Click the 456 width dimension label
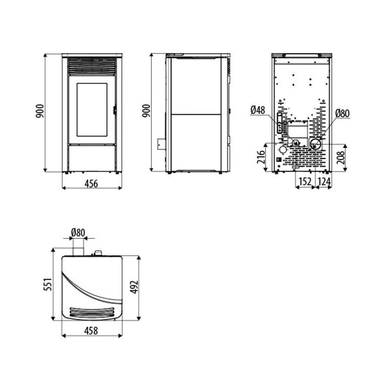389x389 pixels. point(91,184)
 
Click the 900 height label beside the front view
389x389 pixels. point(40,111)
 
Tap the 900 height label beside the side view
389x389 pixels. point(147,111)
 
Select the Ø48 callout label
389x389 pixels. point(258,110)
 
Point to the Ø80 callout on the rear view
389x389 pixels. point(342,113)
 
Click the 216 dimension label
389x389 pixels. point(261,157)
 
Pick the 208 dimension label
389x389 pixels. point(341,158)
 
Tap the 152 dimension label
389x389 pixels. point(305,181)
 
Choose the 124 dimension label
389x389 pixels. point(324,181)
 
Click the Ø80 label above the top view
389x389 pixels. point(78,233)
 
